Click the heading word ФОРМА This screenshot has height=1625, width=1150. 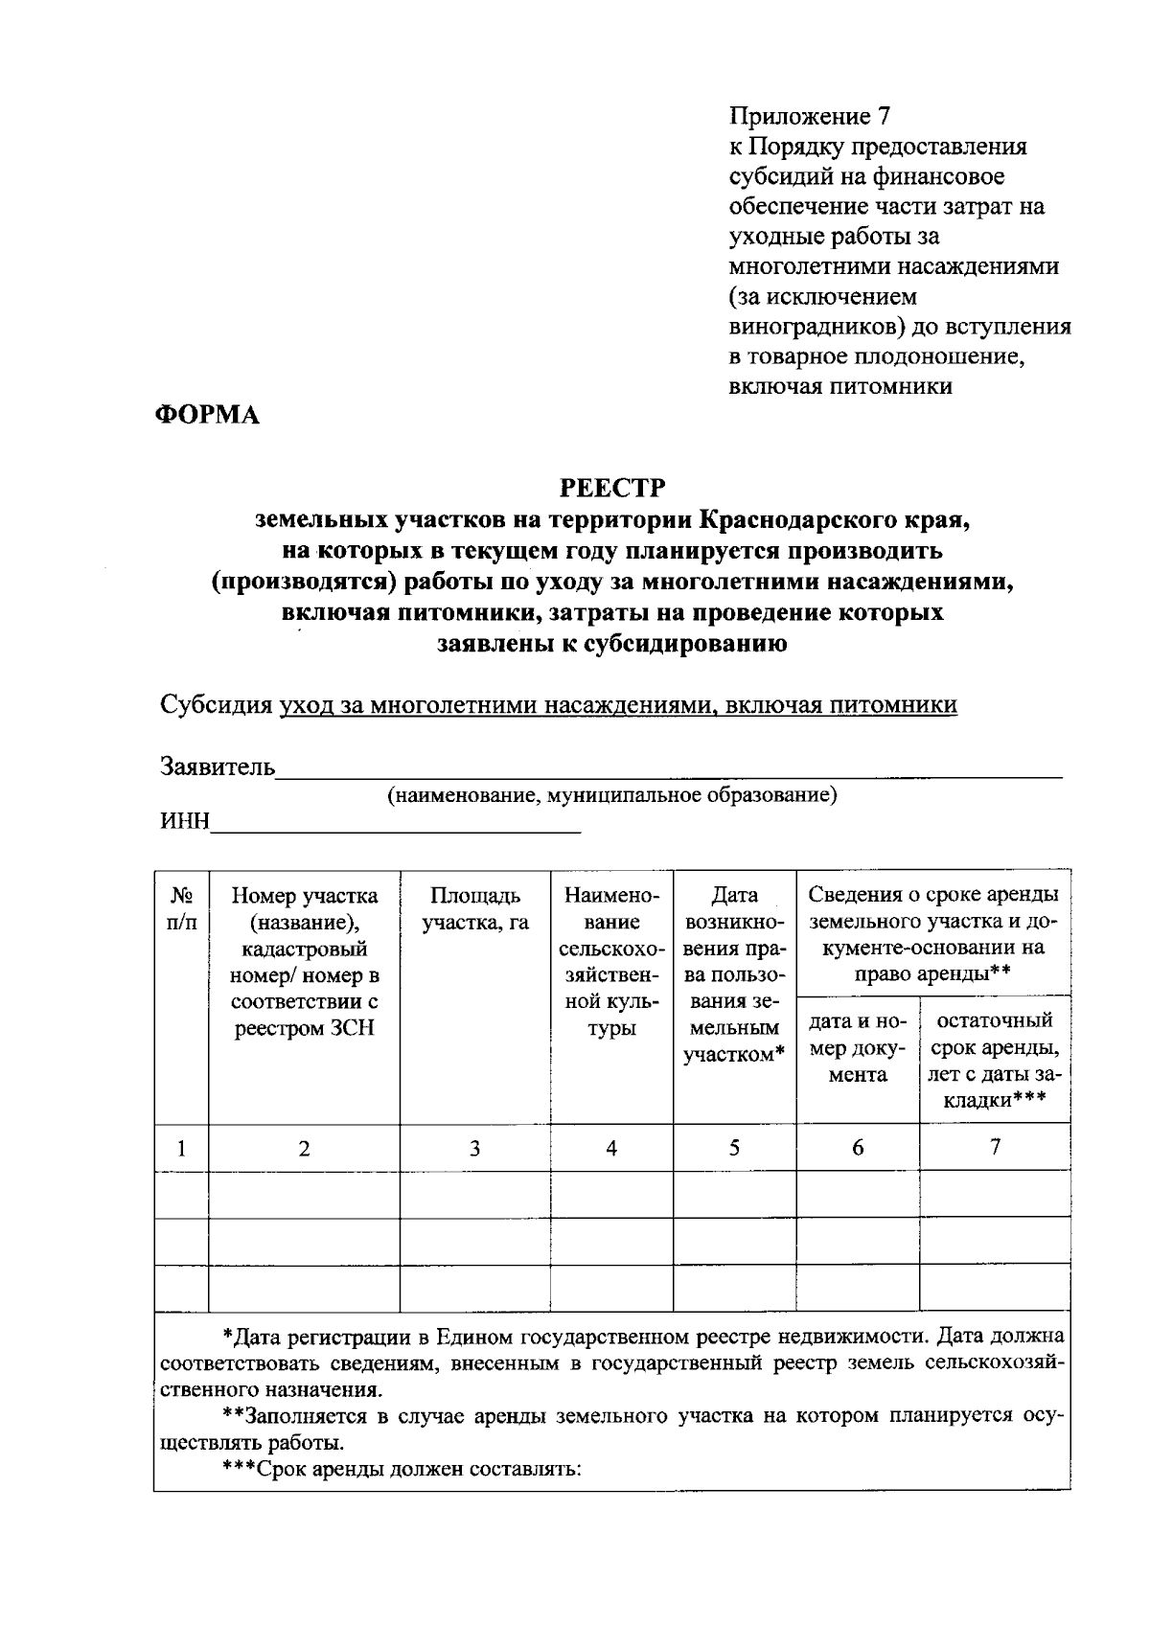[x=207, y=415]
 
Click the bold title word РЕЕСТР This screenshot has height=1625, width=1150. [x=612, y=489]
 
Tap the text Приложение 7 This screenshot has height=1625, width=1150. [x=810, y=117]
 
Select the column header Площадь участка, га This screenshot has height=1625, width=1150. [x=475, y=908]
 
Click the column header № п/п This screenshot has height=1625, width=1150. [x=181, y=908]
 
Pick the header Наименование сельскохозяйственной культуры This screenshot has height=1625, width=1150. [x=611, y=962]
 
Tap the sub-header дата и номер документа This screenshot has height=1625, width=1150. [x=857, y=1048]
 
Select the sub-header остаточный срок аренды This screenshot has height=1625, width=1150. [x=995, y=1060]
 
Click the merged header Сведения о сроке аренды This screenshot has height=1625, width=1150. [x=933, y=934]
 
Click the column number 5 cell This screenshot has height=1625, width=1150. [x=734, y=1147]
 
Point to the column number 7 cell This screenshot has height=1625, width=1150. [x=995, y=1147]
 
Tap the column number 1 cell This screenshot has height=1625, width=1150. [x=181, y=1148]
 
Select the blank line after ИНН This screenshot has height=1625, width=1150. [x=396, y=825]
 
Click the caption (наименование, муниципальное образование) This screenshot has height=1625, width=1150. [x=611, y=795]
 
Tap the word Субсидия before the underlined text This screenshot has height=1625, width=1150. [x=216, y=705]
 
